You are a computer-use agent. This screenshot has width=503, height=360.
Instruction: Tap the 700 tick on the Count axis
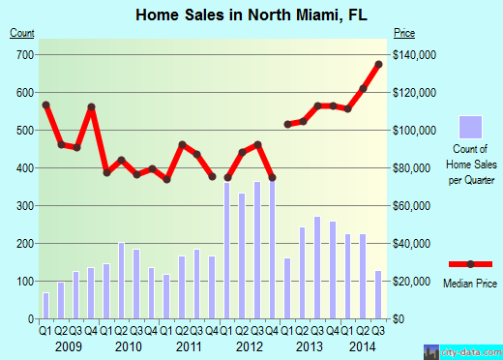click(x=20, y=54)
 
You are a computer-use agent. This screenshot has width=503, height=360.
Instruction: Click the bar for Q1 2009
click(x=45, y=305)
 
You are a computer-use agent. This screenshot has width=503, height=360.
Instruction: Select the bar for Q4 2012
click(x=273, y=247)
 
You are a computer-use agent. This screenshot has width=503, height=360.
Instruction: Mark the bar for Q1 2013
click(x=287, y=287)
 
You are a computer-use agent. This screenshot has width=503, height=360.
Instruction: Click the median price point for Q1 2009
click(x=45, y=105)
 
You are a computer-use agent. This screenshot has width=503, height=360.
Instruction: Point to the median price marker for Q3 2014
click(x=378, y=64)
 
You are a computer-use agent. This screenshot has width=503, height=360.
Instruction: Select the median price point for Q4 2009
click(x=91, y=107)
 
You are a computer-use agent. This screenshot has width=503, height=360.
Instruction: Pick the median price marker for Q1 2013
click(x=287, y=124)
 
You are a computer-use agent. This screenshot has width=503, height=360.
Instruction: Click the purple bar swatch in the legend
click(x=469, y=127)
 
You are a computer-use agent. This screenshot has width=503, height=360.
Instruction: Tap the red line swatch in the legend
click(x=469, y=264)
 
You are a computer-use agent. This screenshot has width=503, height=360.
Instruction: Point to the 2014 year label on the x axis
click(x=363, y=345)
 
